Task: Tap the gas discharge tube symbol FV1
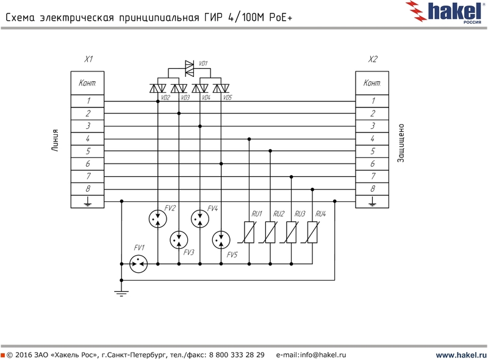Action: [x=138, y=263]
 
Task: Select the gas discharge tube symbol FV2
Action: [x=158, y=218]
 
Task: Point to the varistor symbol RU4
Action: [x=312, y=232]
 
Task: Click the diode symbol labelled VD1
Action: [x=189, y=64]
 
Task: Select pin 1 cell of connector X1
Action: [x=88, y=101]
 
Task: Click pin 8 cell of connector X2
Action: [x=373, y=189]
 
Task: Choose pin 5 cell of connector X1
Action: [x=88, y=151]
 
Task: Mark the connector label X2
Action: [x=373, y=60]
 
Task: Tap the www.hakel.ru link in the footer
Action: [x=461, y=355]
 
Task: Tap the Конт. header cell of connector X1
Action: [x=88, y=83]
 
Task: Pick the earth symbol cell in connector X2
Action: [x=373, y=202]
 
